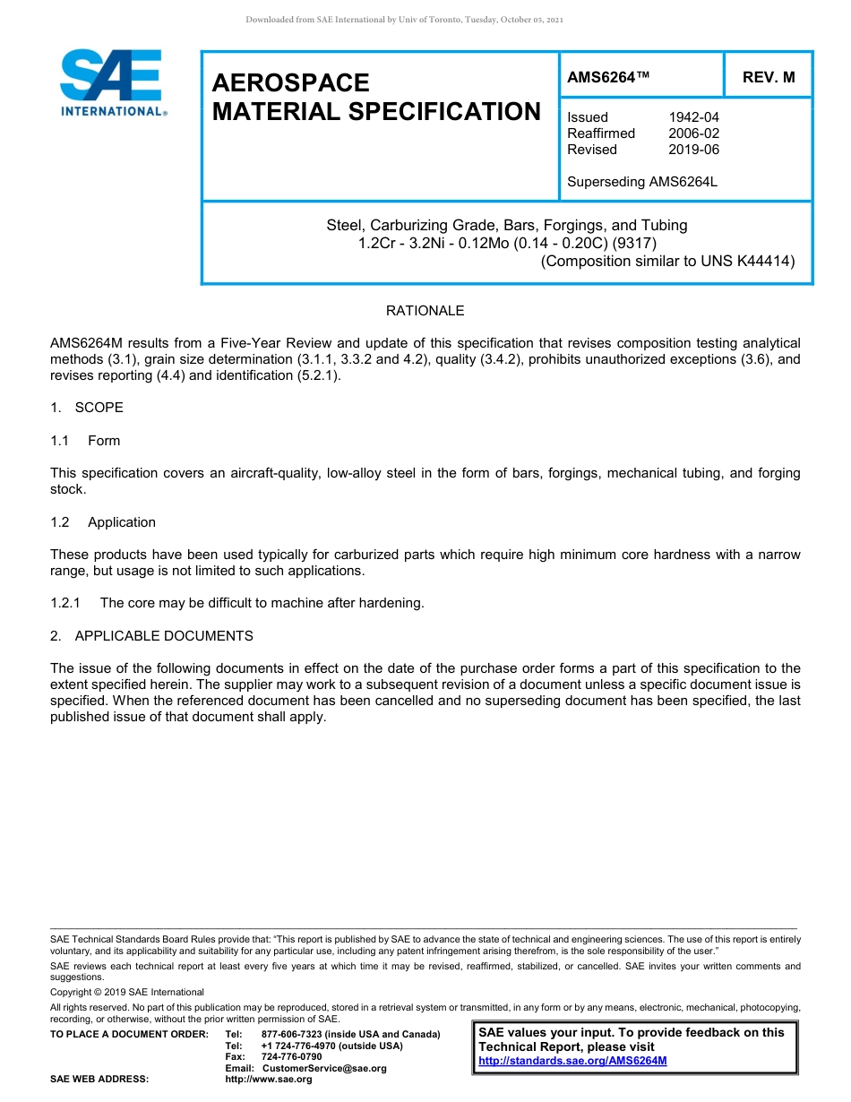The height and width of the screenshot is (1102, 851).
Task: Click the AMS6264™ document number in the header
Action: point(608,77)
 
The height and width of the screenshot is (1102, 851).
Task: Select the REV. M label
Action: point(768,77)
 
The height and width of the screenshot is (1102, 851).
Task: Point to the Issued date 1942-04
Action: point(693,117)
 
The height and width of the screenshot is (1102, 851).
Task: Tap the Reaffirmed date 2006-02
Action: point(693,133)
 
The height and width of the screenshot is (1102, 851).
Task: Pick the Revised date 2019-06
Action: point(693,150)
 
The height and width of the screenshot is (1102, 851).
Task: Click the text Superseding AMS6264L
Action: point(642,182)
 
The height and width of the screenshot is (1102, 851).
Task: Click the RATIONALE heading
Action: point(425,311)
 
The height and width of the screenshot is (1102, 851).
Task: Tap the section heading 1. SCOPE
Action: point(87,408)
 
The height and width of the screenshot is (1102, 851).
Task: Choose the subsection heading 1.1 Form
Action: point(86,441)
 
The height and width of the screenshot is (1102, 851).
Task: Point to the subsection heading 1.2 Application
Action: point(103,522)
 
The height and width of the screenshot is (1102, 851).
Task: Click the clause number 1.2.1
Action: point(66,603)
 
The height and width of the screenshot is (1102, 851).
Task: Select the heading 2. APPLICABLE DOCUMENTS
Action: point(151,636)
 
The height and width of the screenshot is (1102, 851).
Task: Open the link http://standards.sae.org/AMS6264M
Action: point(572,1061)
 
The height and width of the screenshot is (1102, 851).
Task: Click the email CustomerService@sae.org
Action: point(324,1068)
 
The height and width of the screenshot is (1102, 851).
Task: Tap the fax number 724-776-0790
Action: point(291,1057)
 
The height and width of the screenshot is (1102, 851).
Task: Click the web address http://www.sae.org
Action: point(269,1080)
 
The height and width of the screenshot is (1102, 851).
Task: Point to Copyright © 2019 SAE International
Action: point(127,992)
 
